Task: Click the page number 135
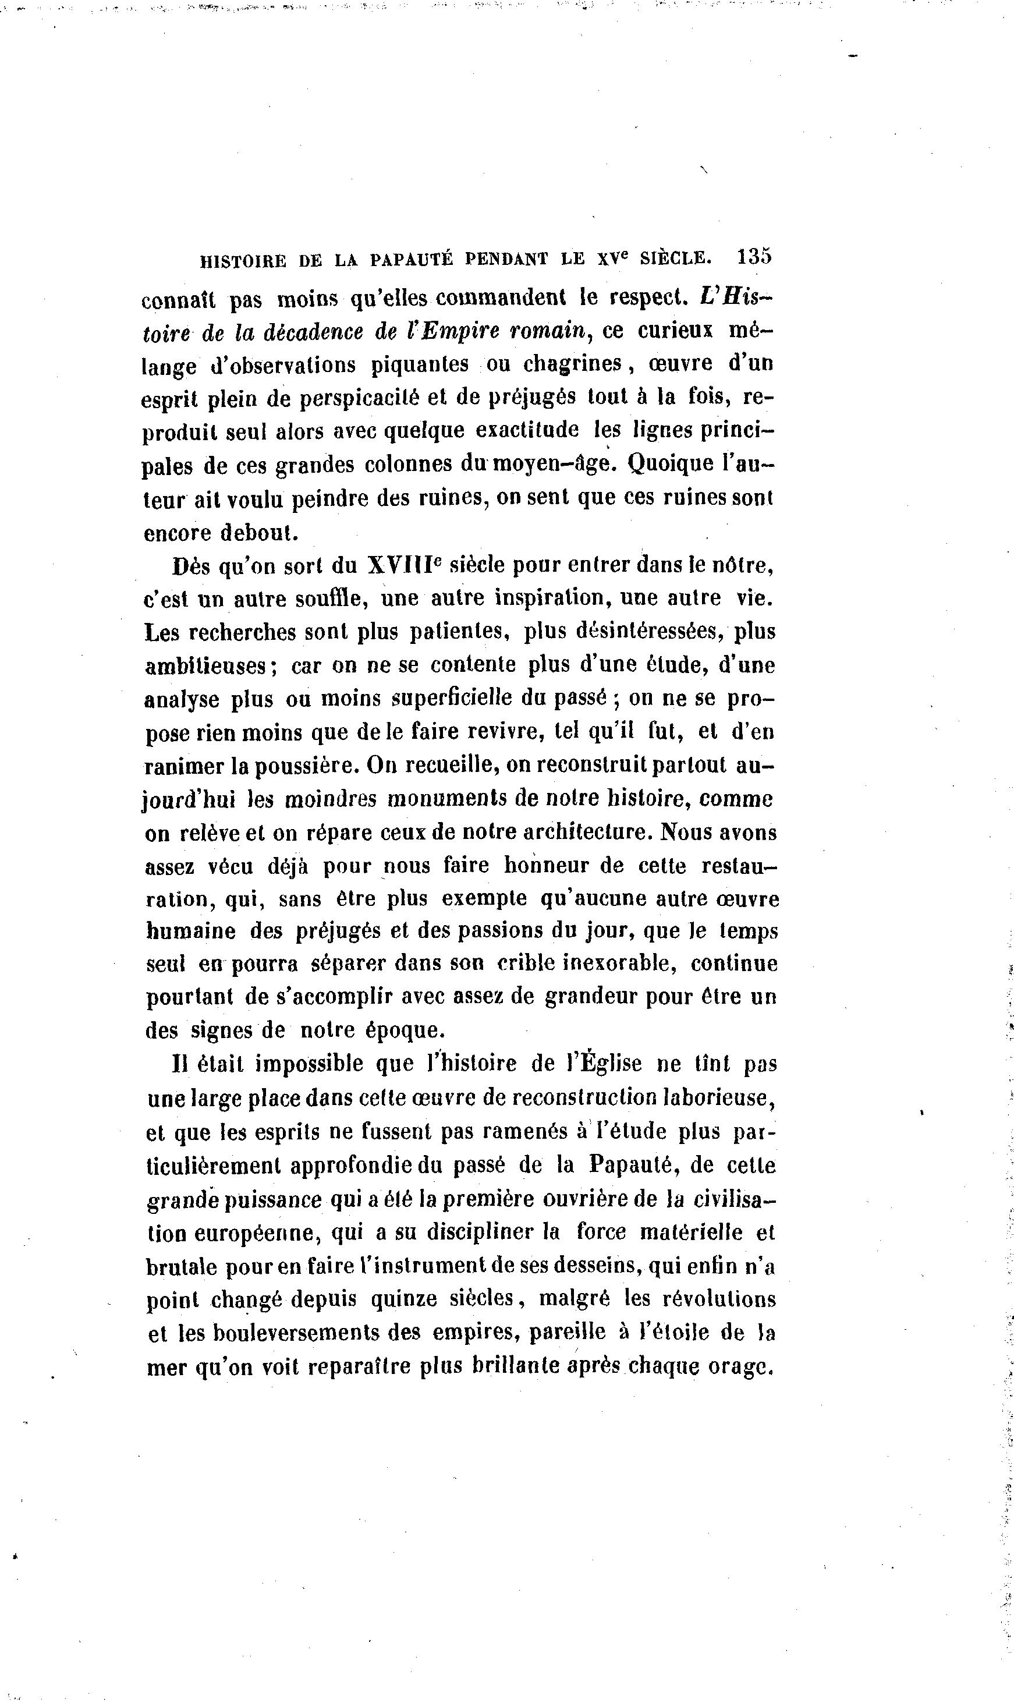(754, 257)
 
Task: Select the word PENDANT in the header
(506, 259)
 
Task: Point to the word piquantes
(420, 365)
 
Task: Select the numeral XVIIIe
(405, 566)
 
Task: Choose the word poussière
(305, 766)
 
